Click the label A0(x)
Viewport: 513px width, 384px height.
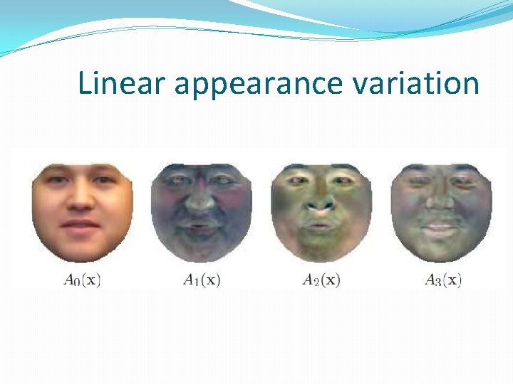[x=82, y=280]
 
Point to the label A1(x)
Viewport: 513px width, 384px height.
[x=202, y=280]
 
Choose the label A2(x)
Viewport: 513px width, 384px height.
[x=321, y=280]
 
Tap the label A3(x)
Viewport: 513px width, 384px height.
[x=442, y=280]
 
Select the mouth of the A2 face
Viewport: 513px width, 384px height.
[x=321, y=225]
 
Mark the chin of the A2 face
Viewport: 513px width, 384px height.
[x=321, y=247]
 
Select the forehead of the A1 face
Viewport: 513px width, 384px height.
[x=201, y=171]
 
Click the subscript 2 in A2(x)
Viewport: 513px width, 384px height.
[x=314, y=282]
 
